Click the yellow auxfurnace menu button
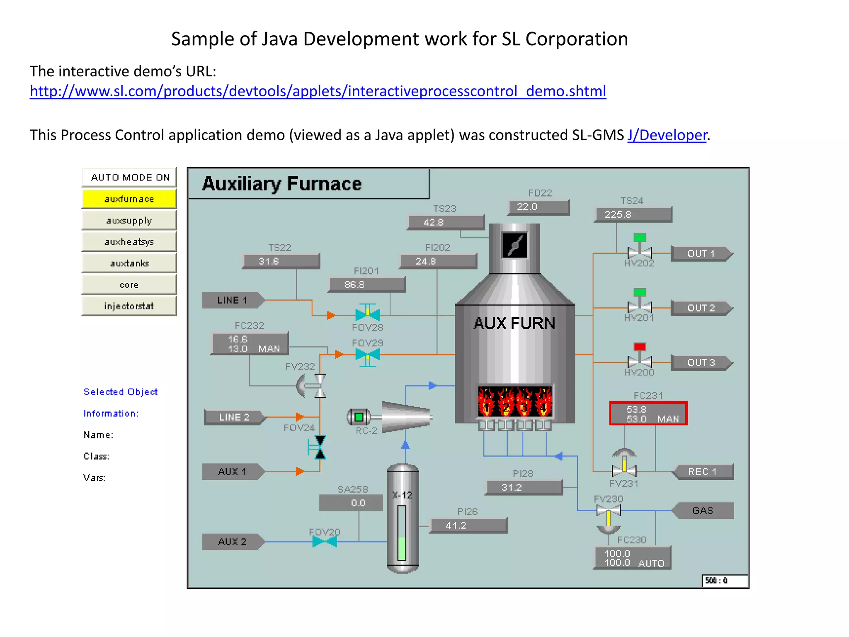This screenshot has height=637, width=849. pyautogui.click(x=129, y=199)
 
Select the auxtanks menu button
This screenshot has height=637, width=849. pyautogui.click(x=129, y=263)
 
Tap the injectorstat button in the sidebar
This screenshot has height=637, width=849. pyautogui.click(x=129, y=306)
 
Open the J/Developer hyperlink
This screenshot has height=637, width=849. pyautogui.click(x=667, y=135)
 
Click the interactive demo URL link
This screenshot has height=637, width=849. pyautogui.click(x=318, y=91)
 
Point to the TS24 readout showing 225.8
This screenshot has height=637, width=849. pyautogui.click(x=633, y=214)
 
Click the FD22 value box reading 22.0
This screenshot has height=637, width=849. pyautogui.click(x=538, y=207)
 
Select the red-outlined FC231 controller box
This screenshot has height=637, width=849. pyautogui.click(x=648, y=413)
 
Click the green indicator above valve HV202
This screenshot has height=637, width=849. pyautogui.click(x=640, y=238)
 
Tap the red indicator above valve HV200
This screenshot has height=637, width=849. pyautogui.click(x=640, y=347)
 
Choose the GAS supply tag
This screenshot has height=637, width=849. pyautogui.click(x=703, y=511)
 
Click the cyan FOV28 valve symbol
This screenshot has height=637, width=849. pyautogui.click(x=367, y=314)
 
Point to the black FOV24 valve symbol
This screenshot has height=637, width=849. pyautogui.click(x=320, y=447)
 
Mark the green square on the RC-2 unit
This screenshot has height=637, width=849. pyautogui.click(x=359, y=417)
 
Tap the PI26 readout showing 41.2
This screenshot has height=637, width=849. pyautogui.click(x=468, y=525)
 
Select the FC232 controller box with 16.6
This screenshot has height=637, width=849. pyautogui.click(x=250, y=344)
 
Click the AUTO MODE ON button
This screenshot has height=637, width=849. pyautogui.click(x=130, y=177)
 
